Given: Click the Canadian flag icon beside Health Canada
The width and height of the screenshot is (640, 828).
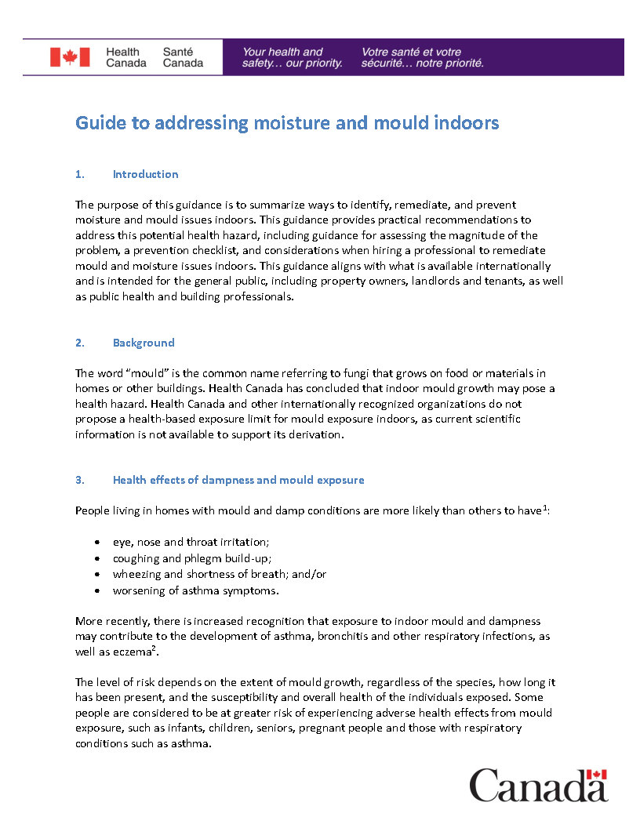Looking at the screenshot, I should (70, 57).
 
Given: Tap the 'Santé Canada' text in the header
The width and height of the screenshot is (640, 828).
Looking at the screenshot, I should (183, 57).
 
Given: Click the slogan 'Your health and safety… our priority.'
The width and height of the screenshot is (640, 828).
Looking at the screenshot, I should (292, 57).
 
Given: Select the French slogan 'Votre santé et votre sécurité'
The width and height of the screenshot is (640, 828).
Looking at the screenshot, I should (422, 57).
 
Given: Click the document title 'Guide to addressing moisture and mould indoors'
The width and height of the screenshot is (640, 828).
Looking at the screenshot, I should (287, 123).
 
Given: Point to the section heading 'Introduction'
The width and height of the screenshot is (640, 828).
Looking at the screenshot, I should (145, 174).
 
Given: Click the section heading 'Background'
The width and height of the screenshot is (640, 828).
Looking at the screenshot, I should (144, 343).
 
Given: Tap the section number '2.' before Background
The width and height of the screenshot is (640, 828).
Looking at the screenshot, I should (79, 343).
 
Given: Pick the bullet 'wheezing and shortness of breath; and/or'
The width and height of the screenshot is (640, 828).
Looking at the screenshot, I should (220, 574).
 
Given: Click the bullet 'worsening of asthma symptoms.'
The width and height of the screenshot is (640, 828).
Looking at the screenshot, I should (195, 590).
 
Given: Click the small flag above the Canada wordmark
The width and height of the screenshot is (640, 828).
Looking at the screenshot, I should (598, 775).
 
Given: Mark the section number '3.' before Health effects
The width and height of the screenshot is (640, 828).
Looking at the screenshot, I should (79, 480).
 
